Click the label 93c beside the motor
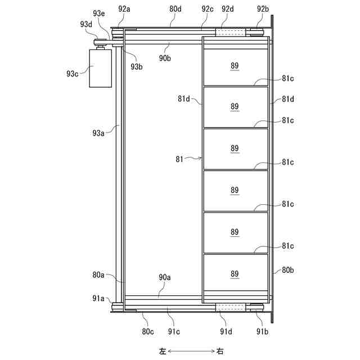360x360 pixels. (73, 74)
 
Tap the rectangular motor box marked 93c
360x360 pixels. (100, 67)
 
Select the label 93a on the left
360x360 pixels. (99, 133)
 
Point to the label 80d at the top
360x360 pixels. (175, 9)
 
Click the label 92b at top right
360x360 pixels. (263, 9)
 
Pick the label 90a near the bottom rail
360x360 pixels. (164, 277)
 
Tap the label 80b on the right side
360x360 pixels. (287, 270)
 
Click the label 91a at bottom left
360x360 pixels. (98, 299)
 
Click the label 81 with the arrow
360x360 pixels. (180, 159)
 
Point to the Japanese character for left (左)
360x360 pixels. (163, 351)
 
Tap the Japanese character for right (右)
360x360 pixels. (220, 351)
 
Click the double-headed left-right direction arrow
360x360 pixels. (191, 351)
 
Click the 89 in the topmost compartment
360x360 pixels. (235, 66)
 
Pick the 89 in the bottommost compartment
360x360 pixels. (235, 274)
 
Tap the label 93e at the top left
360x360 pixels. (99, 13)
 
